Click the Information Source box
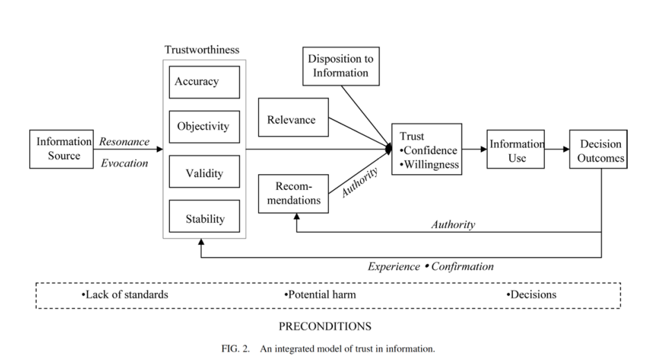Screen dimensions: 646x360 [x=61, y=149]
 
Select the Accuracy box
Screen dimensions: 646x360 [x=204, y=83]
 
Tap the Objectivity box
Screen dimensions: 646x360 [x=204, y=127]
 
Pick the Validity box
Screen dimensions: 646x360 [x=204, y=172]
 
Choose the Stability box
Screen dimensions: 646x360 [x=204, y=216]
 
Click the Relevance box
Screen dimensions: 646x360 [x=294, y=117]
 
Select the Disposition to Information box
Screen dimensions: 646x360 [x=341, y=67]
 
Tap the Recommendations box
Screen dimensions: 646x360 [x=294, y=194]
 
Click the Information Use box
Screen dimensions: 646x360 [x=516, y=149]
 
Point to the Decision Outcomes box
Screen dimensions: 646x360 [x=598, y=149]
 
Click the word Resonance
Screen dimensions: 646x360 [x=124, y=142]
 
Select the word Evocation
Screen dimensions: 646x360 [x=124, y=163]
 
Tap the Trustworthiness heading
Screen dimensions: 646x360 [x=202, y=50]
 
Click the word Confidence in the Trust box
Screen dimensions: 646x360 [x=430, y=151]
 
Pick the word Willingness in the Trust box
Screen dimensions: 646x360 [x=432, y=165]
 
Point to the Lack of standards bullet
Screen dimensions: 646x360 [x=125, y=295]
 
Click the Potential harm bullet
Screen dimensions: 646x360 [x=320, y=295]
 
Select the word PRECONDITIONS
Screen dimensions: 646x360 [x=325, y=326]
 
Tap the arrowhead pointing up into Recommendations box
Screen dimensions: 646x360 [x=297, y=216]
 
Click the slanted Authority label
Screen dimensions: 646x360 [x=359, y=182]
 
